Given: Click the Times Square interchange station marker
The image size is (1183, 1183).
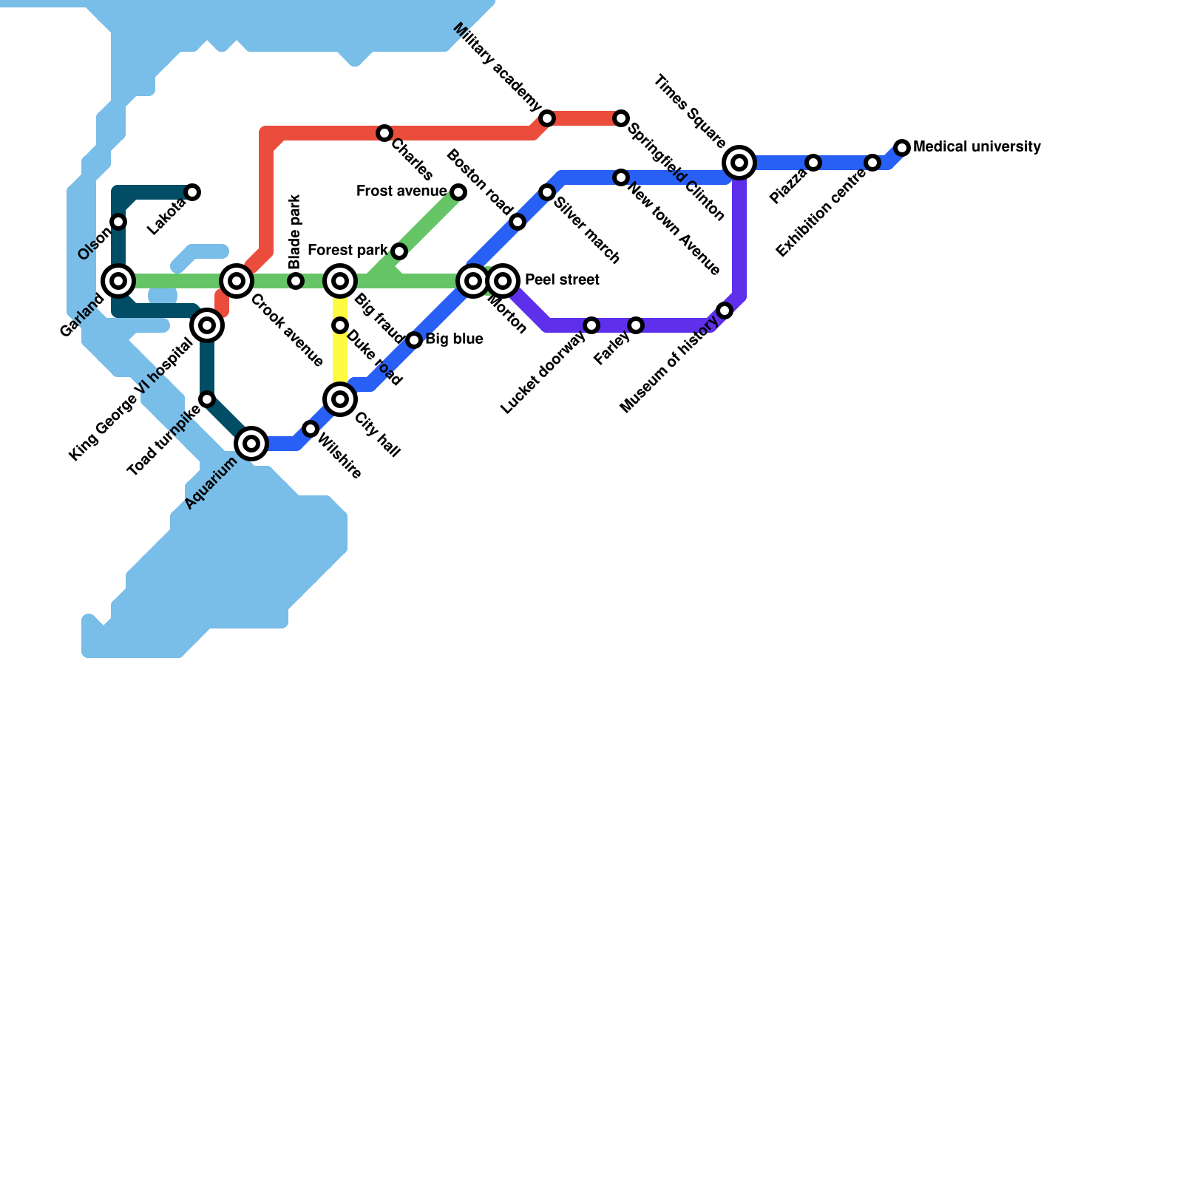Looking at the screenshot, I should click(x=739, y=163).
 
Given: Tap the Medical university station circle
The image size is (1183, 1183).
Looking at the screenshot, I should click(x=902, y=148).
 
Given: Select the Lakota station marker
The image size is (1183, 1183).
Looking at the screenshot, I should click(x=192, y=192).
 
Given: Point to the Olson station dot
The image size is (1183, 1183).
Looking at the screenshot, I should click(x=118, y=222).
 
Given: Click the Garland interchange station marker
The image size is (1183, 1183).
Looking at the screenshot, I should click(x=118, y=281).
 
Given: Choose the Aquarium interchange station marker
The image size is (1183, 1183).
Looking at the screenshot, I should click(x=251, y=444).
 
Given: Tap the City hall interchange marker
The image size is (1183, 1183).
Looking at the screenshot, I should click(x=340, y=399).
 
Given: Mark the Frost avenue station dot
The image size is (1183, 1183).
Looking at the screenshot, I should click(x=458, y=192).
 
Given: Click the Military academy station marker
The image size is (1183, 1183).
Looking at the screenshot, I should click(x=547, y=118).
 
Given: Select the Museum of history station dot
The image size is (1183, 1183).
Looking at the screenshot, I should click(x=725, y=311).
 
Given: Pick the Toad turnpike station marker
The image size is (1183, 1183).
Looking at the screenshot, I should click(x=207, y=399).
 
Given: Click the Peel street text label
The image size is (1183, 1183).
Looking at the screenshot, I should click(x=562, y=280).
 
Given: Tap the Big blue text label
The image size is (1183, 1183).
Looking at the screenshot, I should click(x=454, y=339).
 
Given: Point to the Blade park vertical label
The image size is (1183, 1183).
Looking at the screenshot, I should click(x=295, y=231).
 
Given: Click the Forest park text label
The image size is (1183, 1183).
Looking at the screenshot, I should click(x=348, y=251).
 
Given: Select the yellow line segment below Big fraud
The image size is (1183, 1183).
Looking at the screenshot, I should click(x=340, y=359).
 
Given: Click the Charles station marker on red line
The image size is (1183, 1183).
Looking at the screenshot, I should click(x=384, y=133).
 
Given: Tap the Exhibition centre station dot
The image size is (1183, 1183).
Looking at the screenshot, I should click(x=872, y=163).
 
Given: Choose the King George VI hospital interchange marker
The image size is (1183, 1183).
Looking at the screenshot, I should click(x=207, y=325).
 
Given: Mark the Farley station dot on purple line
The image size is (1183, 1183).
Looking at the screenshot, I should click(x=636, y=325).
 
